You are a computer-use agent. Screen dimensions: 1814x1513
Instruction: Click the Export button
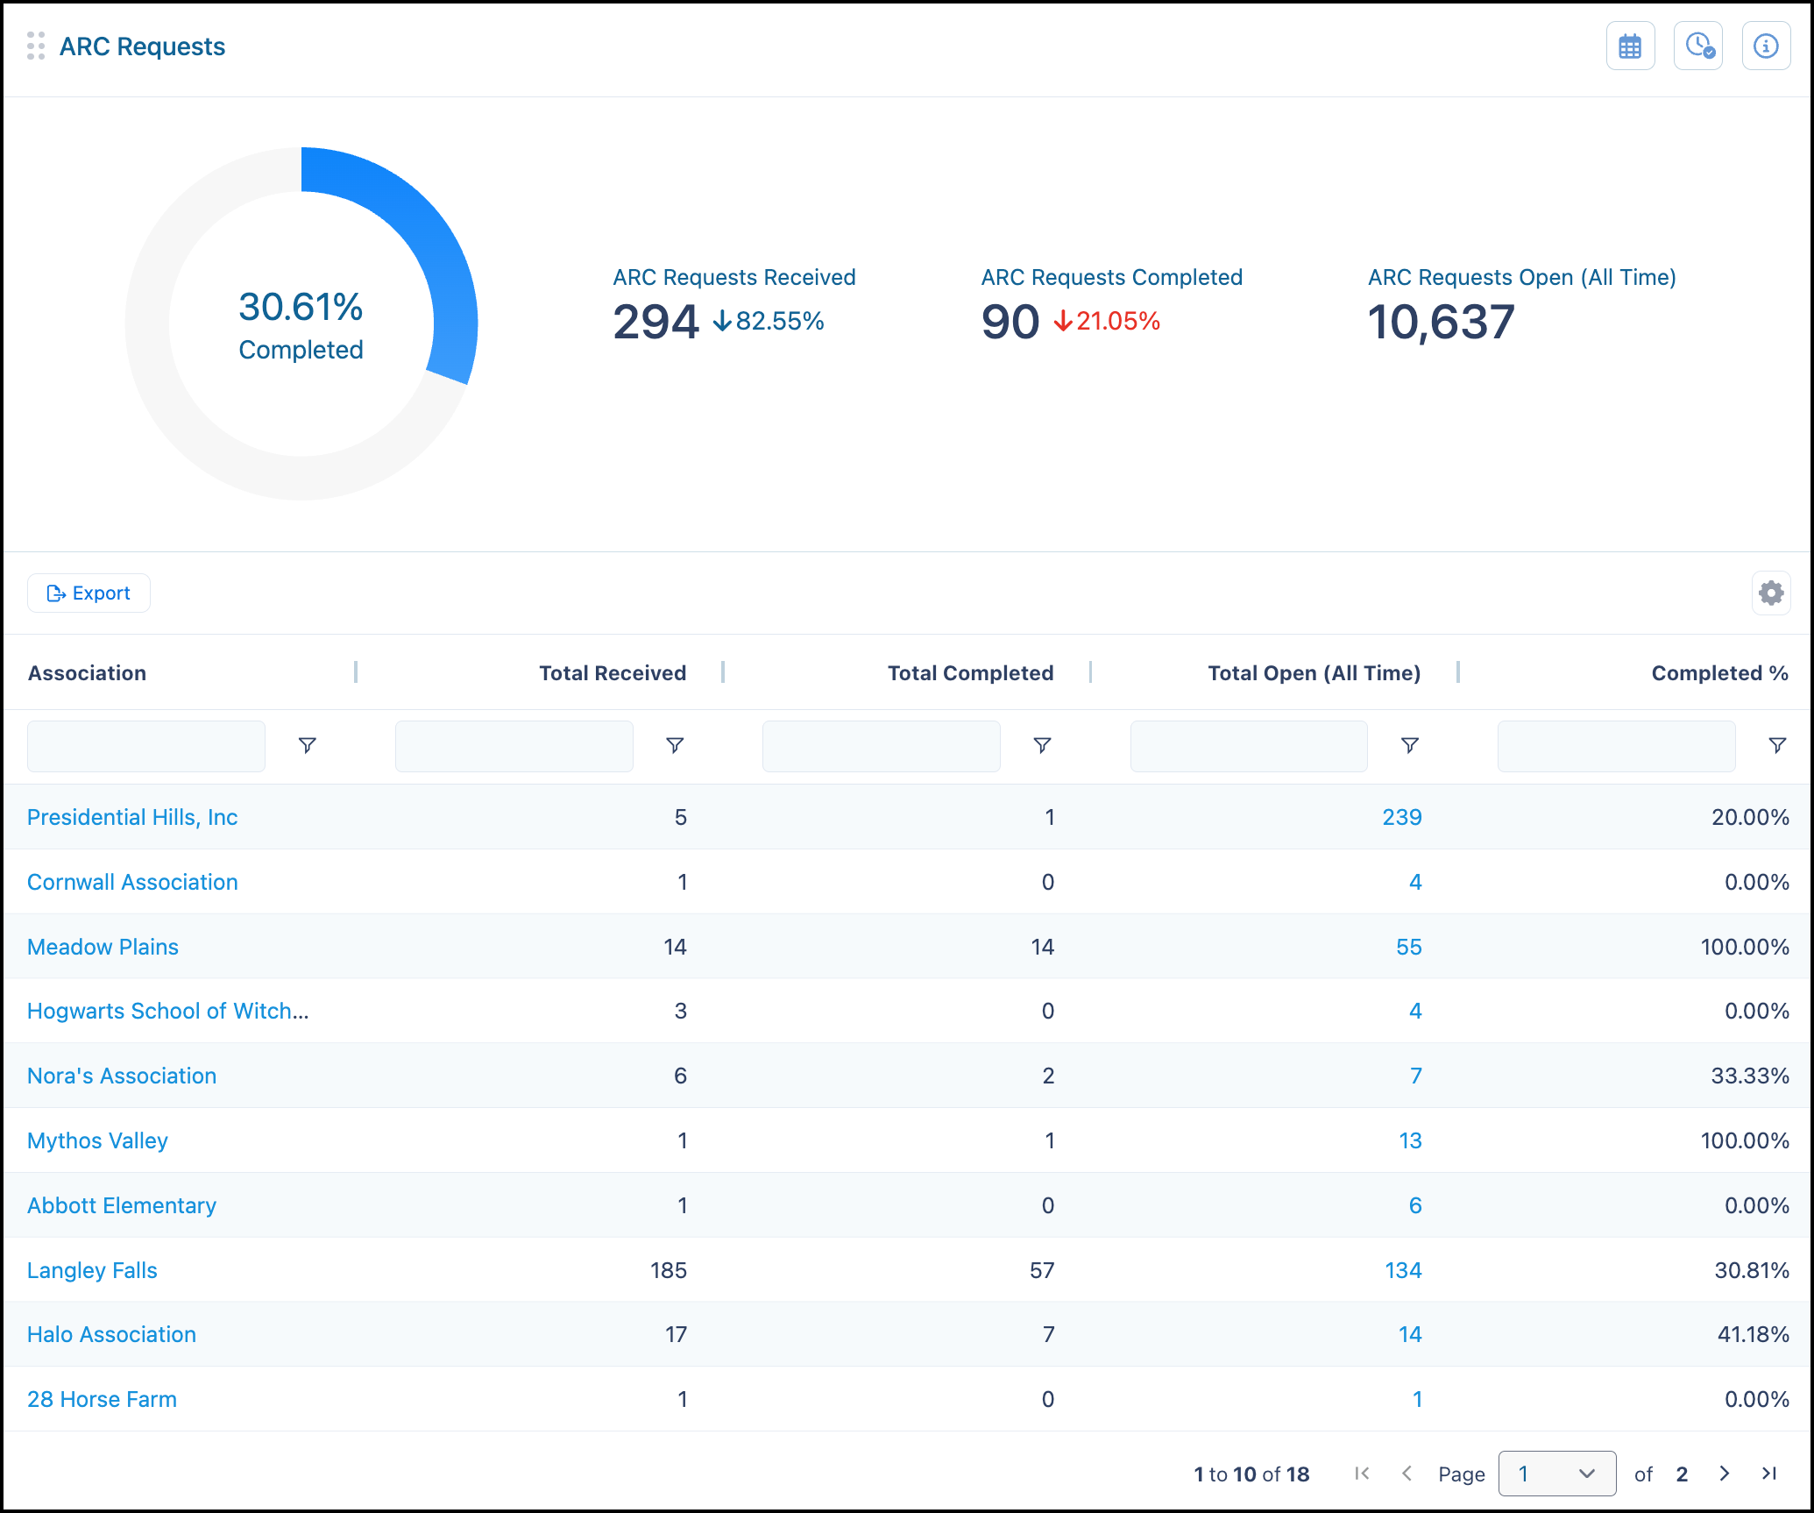(89, 593)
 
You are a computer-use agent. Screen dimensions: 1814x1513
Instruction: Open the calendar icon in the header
(1630, 46)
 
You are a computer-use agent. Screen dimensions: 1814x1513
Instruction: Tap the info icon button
(1766, 46)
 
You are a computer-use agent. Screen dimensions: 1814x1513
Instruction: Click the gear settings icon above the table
(1771, 593)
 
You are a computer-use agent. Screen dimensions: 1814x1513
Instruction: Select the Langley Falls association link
(92, 1270)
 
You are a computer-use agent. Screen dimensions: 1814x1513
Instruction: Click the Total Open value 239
(1402, 817)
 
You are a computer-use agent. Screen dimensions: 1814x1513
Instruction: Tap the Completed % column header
(1719, 673)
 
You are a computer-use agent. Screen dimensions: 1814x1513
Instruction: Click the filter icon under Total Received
(675, 746)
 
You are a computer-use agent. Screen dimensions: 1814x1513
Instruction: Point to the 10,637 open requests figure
(1441, 322)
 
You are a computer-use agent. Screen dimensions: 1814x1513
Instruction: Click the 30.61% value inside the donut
(301, 307)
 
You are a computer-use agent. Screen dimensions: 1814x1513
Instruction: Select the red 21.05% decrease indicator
(1107, 321)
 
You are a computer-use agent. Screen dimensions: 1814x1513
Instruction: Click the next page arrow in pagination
(1724, 1474)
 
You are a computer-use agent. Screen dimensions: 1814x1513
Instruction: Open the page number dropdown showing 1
(1557, 1474)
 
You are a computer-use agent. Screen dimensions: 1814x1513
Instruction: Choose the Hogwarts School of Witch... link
(168, 1011)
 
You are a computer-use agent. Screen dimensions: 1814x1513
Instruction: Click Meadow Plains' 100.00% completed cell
(1745, 947)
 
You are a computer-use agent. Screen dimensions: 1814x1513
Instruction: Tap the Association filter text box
(146, 746)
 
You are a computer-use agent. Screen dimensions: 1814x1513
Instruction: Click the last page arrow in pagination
(1769, 1474)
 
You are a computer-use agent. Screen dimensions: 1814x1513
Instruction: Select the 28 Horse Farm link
(102, 1399)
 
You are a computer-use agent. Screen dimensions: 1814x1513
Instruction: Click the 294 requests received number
(655, 322)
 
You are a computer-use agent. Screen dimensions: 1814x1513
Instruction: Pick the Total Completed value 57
(1042, 1270)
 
